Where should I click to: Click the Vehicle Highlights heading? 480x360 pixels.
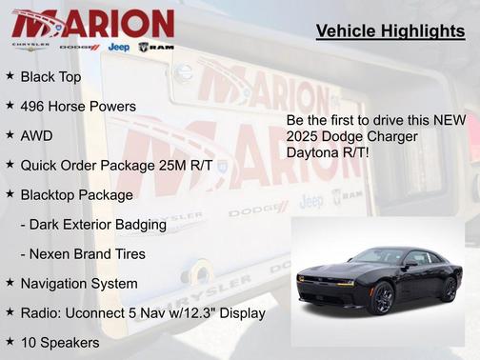(x=390, y=31)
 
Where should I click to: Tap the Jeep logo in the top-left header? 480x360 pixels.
(x=119, y=47)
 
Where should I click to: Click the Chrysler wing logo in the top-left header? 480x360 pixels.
(x=30, y=46)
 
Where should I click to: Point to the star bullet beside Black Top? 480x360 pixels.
(x=10, y=75)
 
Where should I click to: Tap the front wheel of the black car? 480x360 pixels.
(x=383, y=298)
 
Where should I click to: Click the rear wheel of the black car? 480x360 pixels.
(x=448, y=288)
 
